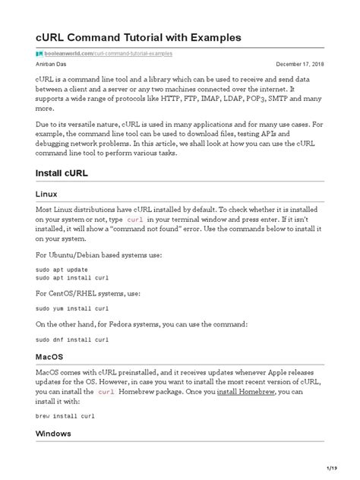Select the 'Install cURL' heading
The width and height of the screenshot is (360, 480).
[x=62, y=173]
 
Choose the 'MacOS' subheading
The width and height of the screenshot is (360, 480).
[x=49, y=335]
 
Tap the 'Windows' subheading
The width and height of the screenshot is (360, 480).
[x=53, y=433]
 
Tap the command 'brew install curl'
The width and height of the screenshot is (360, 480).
[x=65, y=416]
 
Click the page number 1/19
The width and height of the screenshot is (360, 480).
[x=331, y=467]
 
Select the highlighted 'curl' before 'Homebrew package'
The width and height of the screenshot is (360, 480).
[x=106, y=392]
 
